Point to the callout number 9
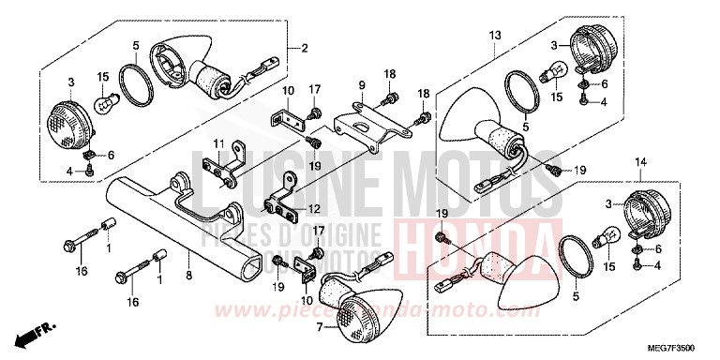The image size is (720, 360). pos(359,85)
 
